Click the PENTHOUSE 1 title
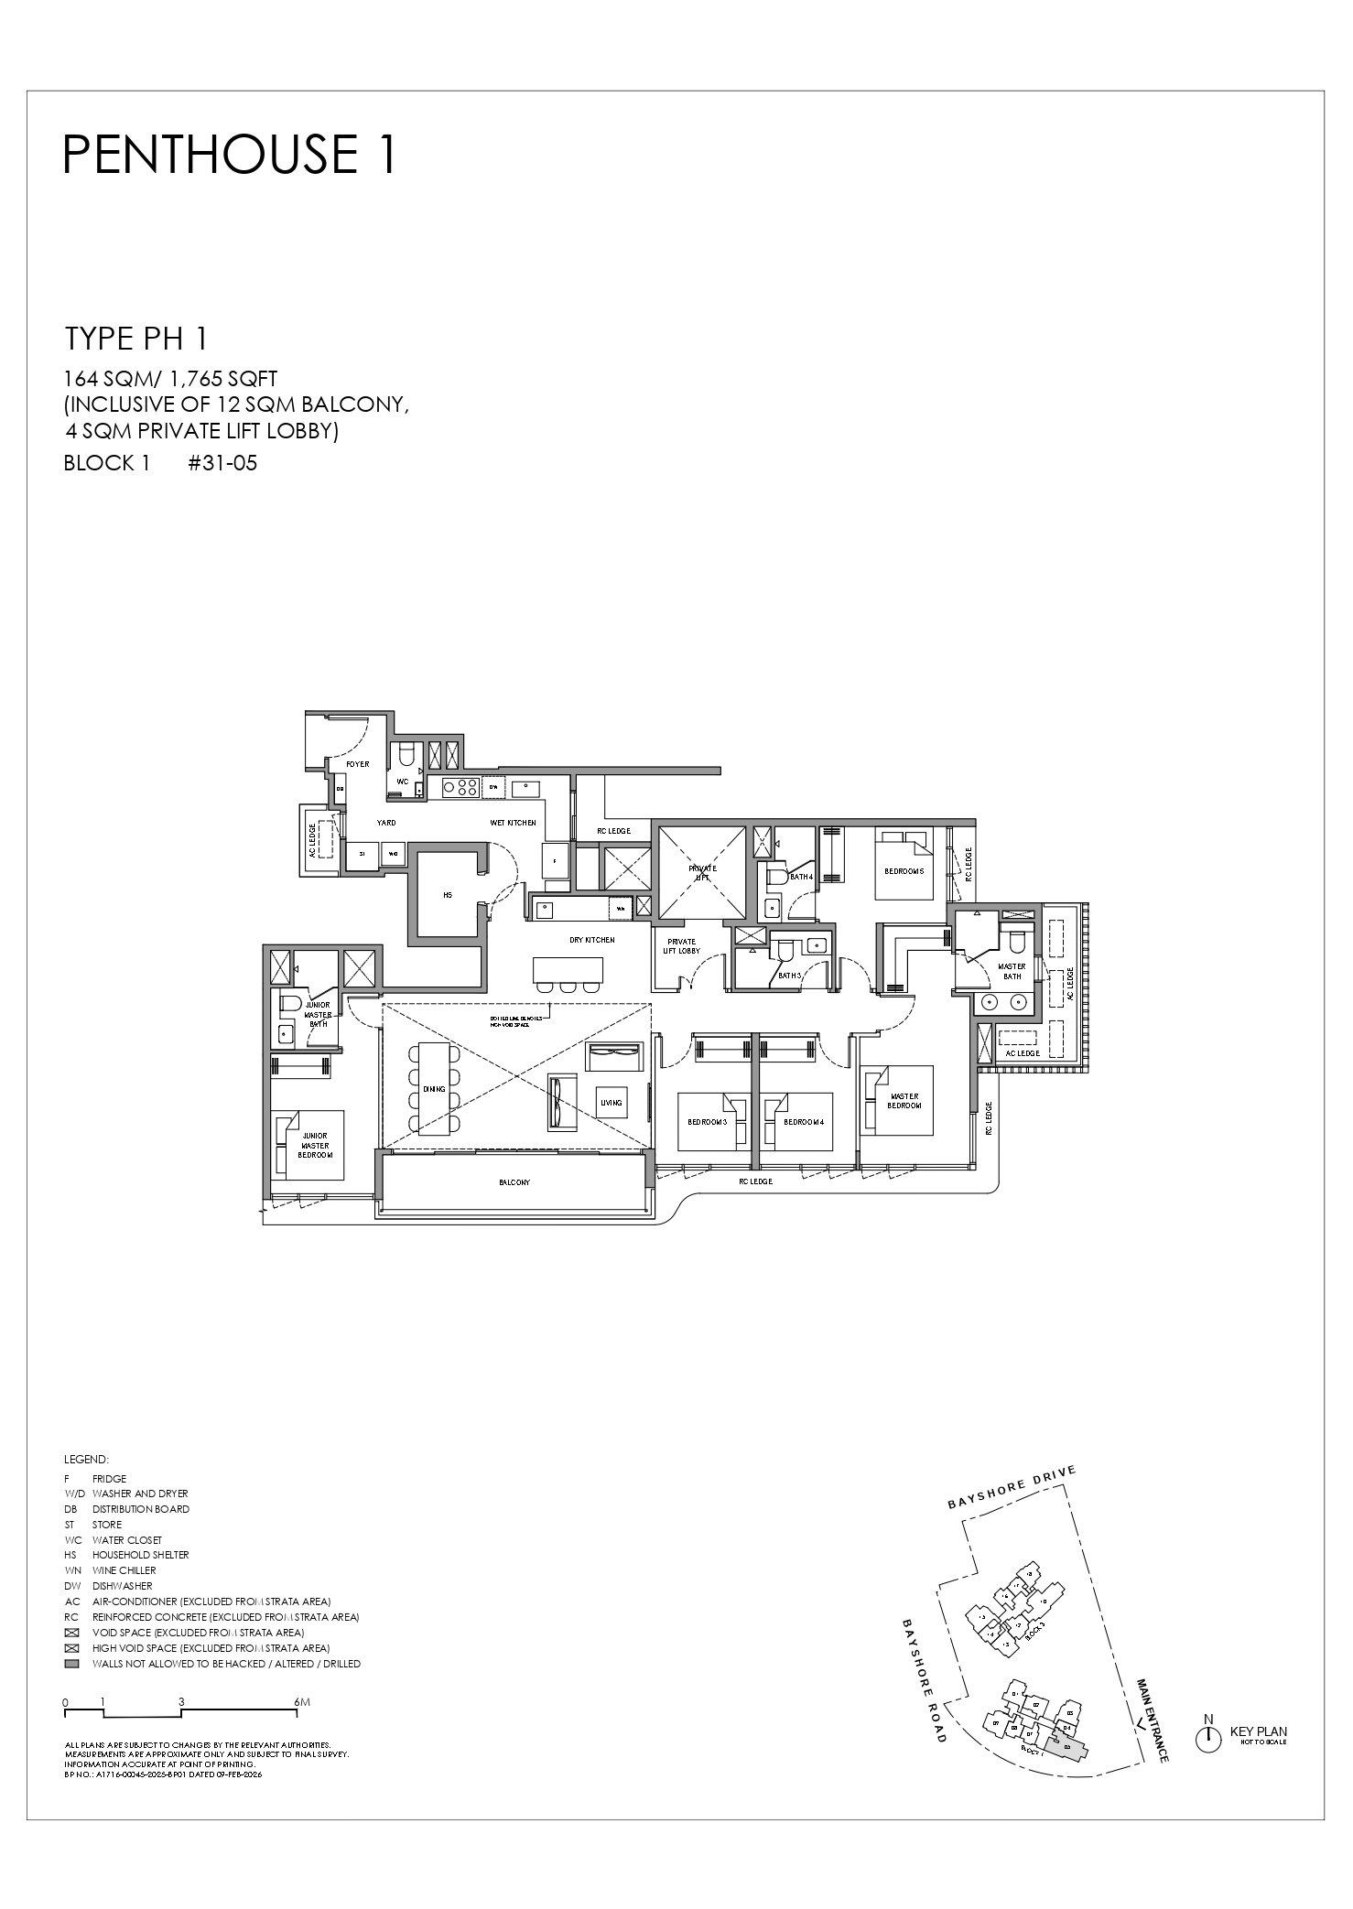pyautogui.click(x=230, y=154)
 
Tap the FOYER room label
pyautogui.click(x=357, y=764)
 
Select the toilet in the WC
pyautogui.click(x=406, y=755)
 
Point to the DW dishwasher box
pyautogui.click(x=493, y=786)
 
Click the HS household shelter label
pyautogui.click(x=448, y=895)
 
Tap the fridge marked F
pyautogui.click(x=555, y=861)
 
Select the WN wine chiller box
pyautogui.click(x=620, y=909)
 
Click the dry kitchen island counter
pyautogui.click(x=568, y=970)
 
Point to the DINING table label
pyautogui.click(x=433, y=1090)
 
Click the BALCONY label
pyautogui.click(x=514, y=1182)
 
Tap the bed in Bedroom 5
pyautogui.click(x=904, y=865)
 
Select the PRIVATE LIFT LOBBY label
pyautogui.click(x=681, y=946)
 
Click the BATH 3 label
pyautogui.click(x=789, y=976)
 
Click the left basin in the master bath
pyautogui.click(x=989, y=1002)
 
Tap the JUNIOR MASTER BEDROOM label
pyautogui.click(x=314, y=1146)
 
